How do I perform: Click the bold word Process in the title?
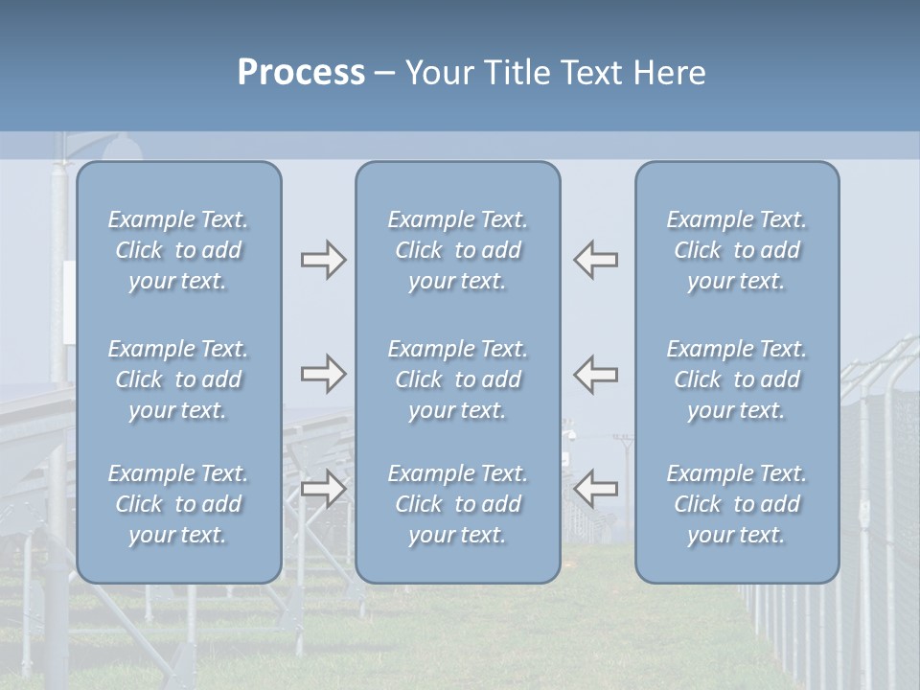click(x=301, y=73)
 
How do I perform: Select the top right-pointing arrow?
click(x=323, y=260)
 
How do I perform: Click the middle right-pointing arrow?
click(x=323, y=374)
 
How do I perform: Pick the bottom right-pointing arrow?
click(x=323, y=489)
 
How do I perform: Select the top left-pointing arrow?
click(x=595, y=260)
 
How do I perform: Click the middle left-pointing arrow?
click(x=595, y=374)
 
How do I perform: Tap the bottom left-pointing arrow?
click(x=595, y=489)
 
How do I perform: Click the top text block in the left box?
click(x=178, y=250)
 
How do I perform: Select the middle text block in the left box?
click(x=178, y=379)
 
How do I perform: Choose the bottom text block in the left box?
click(x=178, y=504)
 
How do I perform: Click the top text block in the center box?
click(x=458, y=250)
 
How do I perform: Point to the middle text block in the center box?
click(x=458, y=379)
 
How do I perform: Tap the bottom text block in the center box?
click(x=458, y=504)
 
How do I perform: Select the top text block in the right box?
click(x=737, y=250)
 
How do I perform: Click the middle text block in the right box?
click(x=737, y=379)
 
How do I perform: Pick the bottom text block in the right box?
click(x=737, y=504)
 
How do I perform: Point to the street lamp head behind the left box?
click(x=122, y=148)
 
